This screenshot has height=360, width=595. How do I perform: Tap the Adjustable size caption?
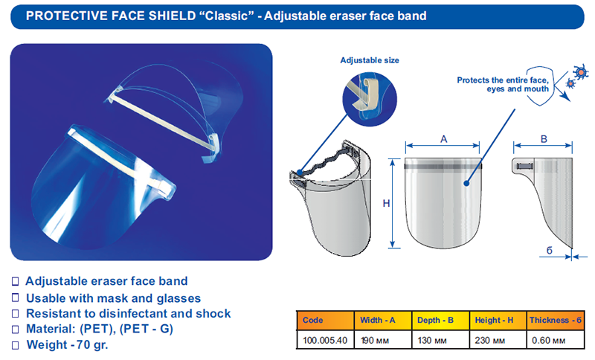click(370, 60)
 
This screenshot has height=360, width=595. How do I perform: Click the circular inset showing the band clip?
click(370, 99)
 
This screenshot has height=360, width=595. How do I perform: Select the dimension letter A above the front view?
click(443, 139)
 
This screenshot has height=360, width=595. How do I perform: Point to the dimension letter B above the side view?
click(544, 139)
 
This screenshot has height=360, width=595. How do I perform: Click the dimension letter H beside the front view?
click(386, 204)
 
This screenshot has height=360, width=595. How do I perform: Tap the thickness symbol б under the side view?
click(549, 251)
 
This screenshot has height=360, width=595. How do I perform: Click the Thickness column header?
click(556, 320)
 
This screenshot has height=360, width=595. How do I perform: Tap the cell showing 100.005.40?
click(325, 340)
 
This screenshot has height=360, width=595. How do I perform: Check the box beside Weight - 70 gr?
click(15, 345)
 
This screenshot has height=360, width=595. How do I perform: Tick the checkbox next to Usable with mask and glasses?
click(15, 298)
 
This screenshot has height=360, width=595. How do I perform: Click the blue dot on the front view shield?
click(466, 183)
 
